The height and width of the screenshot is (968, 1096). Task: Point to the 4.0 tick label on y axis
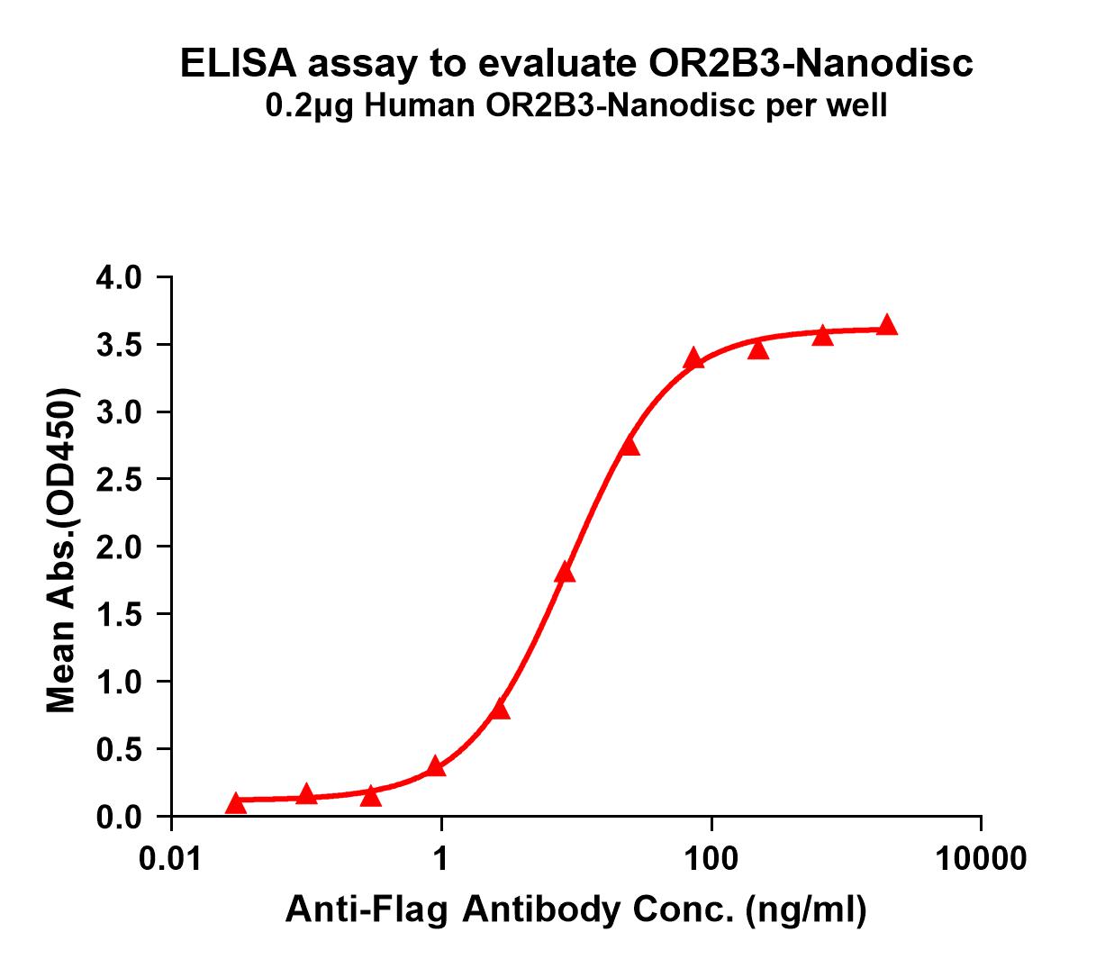119,277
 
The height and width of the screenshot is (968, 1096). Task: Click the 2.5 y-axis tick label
119,480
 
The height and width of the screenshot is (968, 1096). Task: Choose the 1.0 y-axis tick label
119,682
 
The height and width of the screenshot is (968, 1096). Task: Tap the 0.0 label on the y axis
119,817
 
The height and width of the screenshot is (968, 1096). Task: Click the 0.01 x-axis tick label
170,858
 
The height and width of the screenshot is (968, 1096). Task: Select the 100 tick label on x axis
711,858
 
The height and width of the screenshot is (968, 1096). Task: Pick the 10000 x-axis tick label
981,858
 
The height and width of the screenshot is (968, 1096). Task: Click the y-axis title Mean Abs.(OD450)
61,551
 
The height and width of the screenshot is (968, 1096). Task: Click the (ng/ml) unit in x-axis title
806,911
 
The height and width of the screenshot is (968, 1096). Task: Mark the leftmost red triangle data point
236,802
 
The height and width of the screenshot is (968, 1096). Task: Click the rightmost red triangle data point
887,325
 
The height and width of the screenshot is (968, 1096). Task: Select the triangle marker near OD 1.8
565,573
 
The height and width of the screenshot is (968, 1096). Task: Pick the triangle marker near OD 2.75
630,446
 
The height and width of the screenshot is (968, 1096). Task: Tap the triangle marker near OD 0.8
501,710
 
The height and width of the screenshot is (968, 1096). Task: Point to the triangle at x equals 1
436,766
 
